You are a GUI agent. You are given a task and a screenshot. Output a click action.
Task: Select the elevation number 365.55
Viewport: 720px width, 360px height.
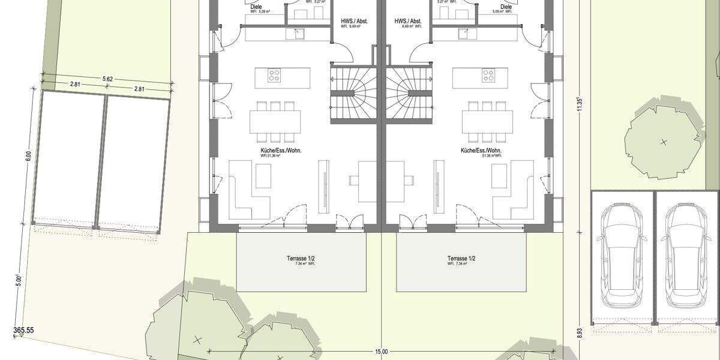(25, 330)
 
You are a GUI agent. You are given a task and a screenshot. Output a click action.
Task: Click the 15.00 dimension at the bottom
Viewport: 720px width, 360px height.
(382, 352)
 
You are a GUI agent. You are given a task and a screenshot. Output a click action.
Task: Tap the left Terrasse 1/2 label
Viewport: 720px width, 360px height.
(301, 259)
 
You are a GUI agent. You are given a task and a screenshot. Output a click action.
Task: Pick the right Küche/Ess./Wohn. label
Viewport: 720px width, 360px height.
(481, 151)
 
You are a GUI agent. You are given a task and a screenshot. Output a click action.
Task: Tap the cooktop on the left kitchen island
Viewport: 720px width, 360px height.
(274, 76)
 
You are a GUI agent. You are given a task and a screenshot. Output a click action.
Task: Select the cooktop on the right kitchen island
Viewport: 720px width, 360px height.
(488, 76)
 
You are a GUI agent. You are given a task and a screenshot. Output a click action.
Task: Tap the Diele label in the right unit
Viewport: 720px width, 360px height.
(506, 7)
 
